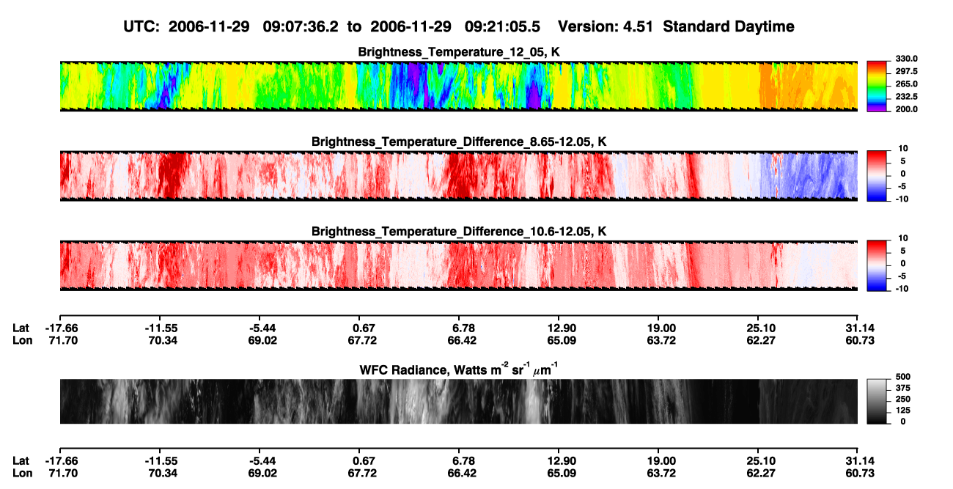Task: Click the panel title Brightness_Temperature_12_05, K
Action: coord(459,52)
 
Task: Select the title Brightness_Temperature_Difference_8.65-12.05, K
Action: coord(459,141)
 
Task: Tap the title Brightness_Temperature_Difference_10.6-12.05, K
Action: coord(459,232)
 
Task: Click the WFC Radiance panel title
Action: coord(459,369)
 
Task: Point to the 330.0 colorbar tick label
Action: coord(906,59)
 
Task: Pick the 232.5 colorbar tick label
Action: coord(906,97)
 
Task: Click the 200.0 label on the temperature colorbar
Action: coord(906,109)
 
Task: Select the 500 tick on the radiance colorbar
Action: coord(902,377)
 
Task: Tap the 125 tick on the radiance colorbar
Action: coord(902,411)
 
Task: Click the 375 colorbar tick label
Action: coord(902,388)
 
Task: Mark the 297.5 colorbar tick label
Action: coord(906,71)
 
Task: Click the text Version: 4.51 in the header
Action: coord(605,26)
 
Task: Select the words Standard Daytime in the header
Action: coord(729,27)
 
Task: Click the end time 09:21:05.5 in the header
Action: coord(502,26)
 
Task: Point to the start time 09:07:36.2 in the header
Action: coord(301,26)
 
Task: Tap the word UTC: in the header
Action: coord(141,26)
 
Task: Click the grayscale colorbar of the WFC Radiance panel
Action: coord(877,401)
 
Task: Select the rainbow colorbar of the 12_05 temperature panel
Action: coord(877,87)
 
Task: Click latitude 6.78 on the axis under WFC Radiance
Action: coord(462,461)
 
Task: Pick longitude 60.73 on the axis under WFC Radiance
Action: coord(860,474)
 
